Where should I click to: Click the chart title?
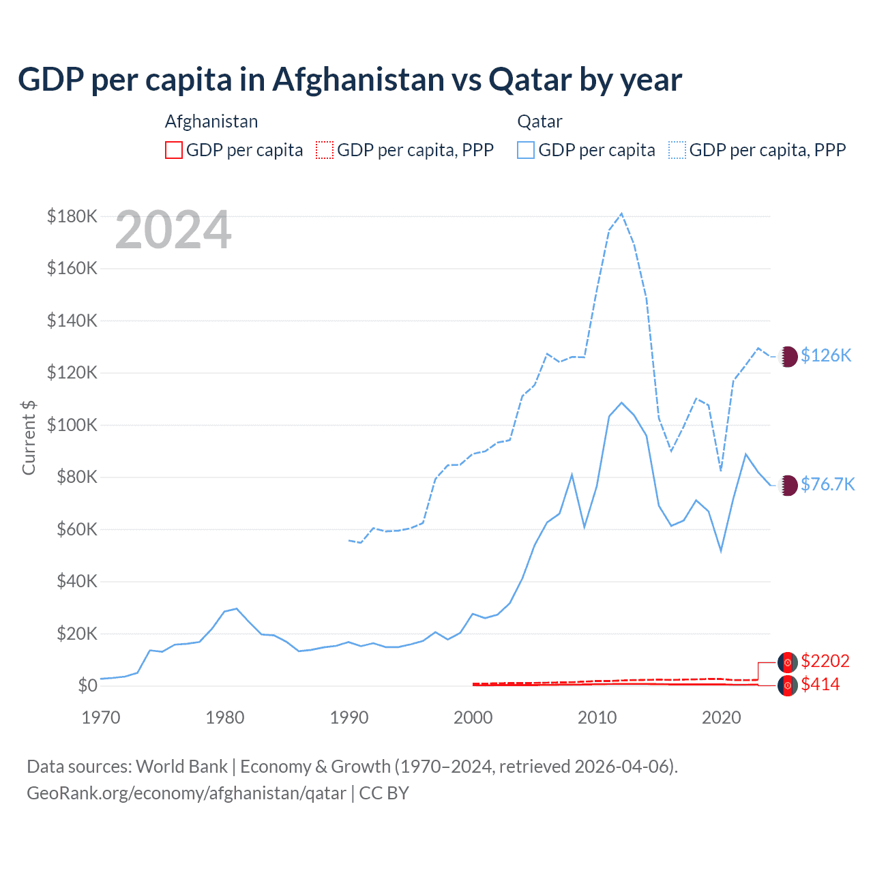(350, 80)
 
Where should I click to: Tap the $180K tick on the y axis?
(72, 217)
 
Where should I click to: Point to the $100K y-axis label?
(72, 426)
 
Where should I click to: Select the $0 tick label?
(87, 686)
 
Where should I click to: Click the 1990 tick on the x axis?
(349, 717)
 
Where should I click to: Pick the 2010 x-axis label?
(597, 717)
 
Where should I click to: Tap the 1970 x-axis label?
(101, 717)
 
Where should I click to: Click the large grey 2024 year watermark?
(173, 231)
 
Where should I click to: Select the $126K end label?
(826, 356)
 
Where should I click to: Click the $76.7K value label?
(827, 485)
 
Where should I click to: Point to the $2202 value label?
(825, 662)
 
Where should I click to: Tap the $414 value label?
(820, 685)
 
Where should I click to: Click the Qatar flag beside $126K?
(788, 356)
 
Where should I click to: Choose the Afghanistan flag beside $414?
(788, 685)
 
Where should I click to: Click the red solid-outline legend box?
(174, 150)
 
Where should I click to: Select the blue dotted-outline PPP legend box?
(677, 150)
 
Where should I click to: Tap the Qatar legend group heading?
(539, 122)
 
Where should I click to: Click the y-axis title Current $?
(29, 438)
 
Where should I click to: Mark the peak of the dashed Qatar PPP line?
(621, 213)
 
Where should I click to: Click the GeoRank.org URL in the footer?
(186, 794)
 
